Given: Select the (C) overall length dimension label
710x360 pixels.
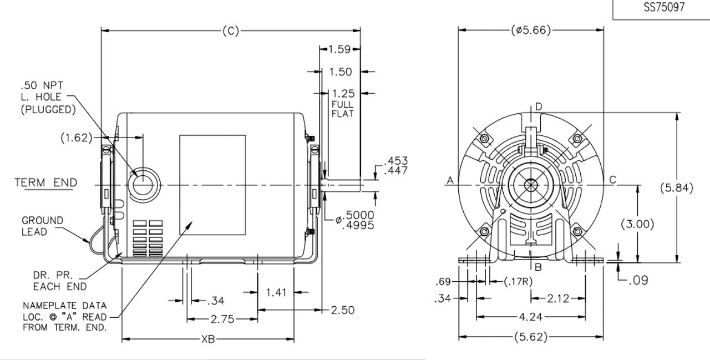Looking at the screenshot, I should coord(230,31).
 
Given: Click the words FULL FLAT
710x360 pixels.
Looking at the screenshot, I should coord(342,109).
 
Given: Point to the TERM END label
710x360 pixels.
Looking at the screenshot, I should coord(45,182).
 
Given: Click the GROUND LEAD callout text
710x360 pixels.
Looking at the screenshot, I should coord(43,226).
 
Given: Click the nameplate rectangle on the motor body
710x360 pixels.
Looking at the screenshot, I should coord(212,185).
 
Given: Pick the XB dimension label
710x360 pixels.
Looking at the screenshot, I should coord(207,339).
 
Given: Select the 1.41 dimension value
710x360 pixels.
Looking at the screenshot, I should coord(277,292).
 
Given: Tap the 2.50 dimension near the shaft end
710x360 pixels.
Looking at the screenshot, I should coord(343,310).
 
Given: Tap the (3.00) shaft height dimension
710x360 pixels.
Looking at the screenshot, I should coord(637,224).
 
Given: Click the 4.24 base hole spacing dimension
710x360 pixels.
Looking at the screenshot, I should coord(531,317).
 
